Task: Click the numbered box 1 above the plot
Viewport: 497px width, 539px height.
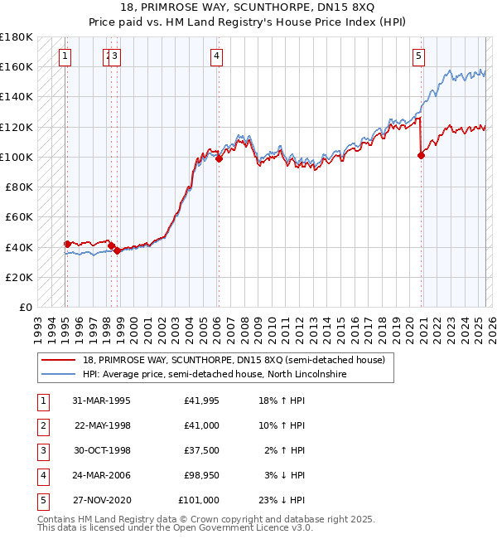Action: point(65,56)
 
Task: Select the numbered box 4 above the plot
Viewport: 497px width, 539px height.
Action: point(216,56)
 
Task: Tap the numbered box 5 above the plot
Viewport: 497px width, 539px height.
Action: point(418,56)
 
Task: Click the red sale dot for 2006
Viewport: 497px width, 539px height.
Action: point(219,158)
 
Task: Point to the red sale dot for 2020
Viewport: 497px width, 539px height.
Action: point(422,155)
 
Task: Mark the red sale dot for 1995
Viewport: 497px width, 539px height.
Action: point(67,244)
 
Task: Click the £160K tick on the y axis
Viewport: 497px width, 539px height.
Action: point(18,66)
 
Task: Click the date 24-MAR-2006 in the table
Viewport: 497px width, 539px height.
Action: point(101,476)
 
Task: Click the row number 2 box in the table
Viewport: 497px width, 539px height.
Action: point(42,426)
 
